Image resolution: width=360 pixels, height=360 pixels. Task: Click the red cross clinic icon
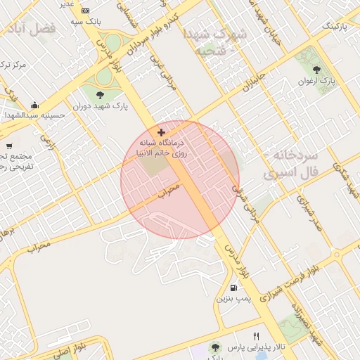pyautogui.click(x=162, y=132)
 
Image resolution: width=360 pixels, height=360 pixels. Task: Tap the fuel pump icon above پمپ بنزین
pyautogui.click(x=233, y=288)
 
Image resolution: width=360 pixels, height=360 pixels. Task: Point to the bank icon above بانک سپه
pyautogui.click(x=85, y=11)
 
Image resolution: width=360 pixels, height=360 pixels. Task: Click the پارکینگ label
pyautogui.click(x=335, y=26)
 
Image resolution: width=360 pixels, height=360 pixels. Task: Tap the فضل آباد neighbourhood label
pyautogui.click(x=32, y=29)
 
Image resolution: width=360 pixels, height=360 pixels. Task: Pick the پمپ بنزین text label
pyautogui.click(x=233, y=299)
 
